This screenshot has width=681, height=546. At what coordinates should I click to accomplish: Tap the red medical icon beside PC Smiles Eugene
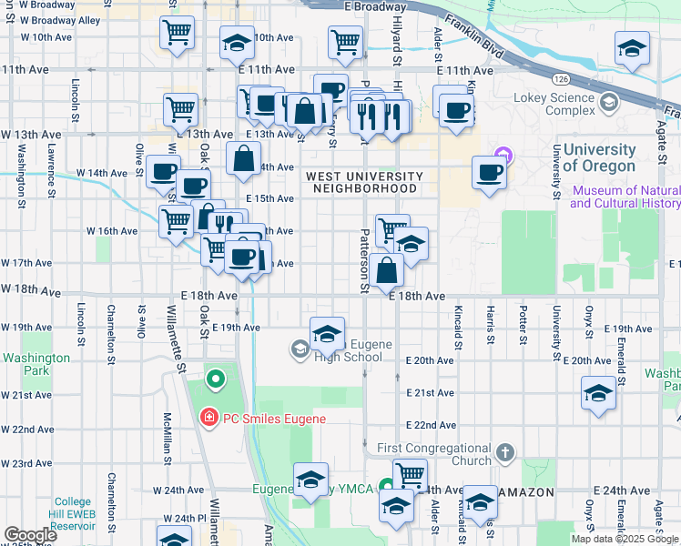click(x=208, y=418)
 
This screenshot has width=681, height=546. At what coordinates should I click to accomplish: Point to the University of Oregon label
click(x=599, y=157)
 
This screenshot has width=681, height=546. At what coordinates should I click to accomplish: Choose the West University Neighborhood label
click(x=364, y=182)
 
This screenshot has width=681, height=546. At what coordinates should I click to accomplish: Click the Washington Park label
click(x=36, y=365)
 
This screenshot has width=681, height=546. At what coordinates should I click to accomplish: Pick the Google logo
click(x=30, y=535)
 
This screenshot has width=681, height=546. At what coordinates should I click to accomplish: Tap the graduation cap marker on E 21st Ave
click(x=598, y=394)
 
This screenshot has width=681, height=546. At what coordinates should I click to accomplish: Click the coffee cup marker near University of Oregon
click(x=489, y=172)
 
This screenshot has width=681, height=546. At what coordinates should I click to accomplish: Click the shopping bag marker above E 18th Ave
click(x=388, y=269)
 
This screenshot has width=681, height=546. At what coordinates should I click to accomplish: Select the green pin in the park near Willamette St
click(x=216, y=379)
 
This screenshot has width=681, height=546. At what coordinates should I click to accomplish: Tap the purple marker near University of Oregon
click(x=502, y=156)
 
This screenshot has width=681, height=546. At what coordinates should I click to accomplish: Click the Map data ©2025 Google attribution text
click(x=625, y=539)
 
